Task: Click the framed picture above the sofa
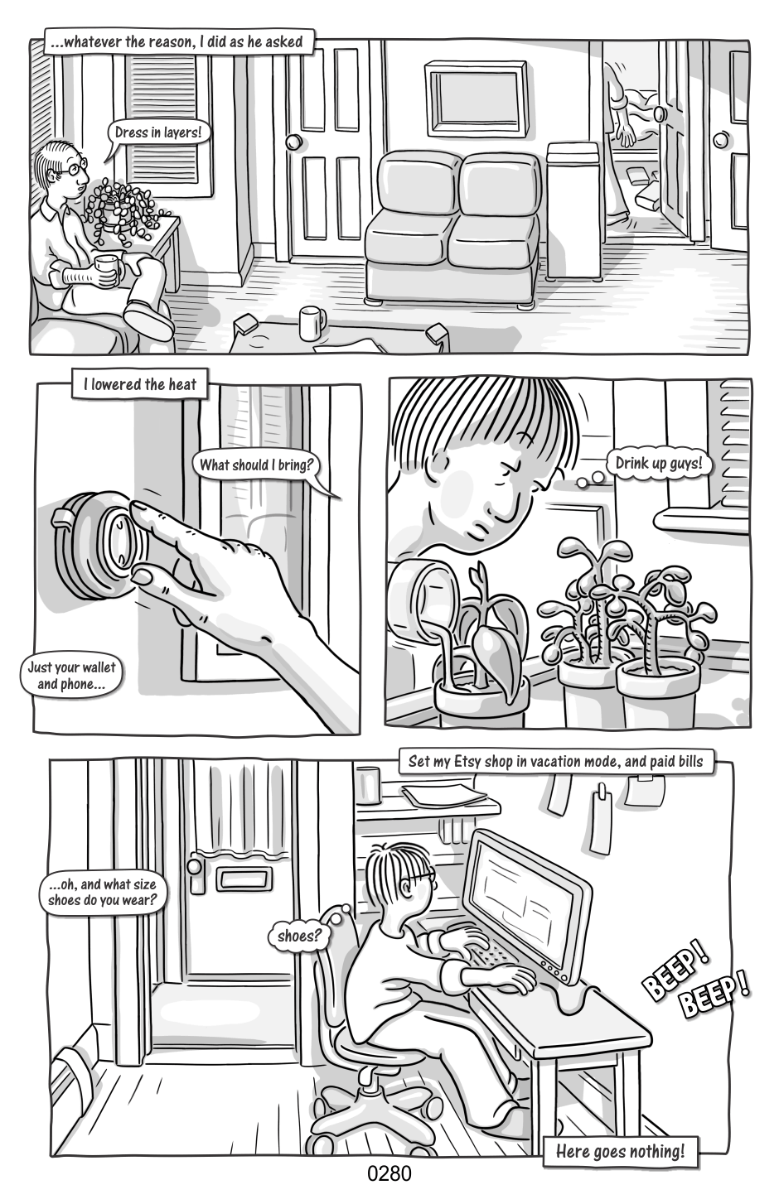tap(476, 99)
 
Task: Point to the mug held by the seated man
tap(108, 270)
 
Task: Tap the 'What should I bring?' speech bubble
tap(257, 465)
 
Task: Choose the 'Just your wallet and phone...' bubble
tap(71, 676)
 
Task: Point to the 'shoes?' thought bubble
tap(299, 936)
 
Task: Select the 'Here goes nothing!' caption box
tap(620, 1151)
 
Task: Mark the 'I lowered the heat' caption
tap(140, 384)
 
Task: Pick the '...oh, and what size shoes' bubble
tap(102, 893)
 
